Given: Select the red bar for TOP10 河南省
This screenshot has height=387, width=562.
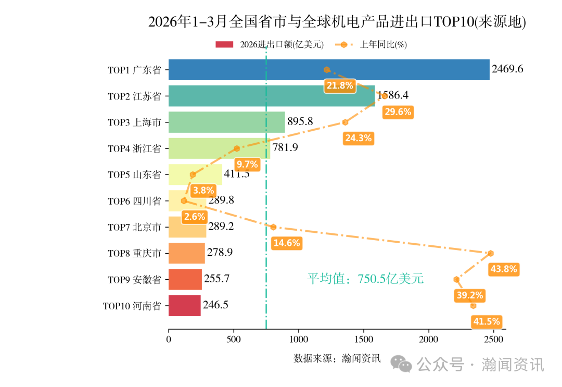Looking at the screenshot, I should click(x=184, y=306).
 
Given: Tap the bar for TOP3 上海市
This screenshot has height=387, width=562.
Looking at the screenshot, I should click(x=226, y=122).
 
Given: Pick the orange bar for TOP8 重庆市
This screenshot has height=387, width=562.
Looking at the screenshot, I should click(x=186, y=253).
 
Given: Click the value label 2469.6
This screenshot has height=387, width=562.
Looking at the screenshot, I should click(x=507, y=69).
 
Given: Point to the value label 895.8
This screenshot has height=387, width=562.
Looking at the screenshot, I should click(x=300, y=122).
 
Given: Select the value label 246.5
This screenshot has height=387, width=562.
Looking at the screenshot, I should click(x=215, y=305).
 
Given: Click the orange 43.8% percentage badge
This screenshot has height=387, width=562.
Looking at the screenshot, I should click(x=503, y=269).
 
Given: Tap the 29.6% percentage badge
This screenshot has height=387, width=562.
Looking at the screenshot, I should click(x=398, y=111).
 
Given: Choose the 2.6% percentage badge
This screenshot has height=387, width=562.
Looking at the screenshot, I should click(x=194, y=216).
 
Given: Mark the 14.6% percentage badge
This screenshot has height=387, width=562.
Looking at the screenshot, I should click(x=286, y=243).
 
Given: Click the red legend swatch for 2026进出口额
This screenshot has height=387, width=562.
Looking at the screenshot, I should click(x=225, y=45).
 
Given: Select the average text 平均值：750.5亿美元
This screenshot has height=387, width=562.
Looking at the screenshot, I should click(x=365, y=279).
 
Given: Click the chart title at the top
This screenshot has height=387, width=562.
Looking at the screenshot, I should click(x=337, y=22).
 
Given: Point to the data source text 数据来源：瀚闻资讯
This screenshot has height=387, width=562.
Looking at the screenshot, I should click(x=337, y=358).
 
